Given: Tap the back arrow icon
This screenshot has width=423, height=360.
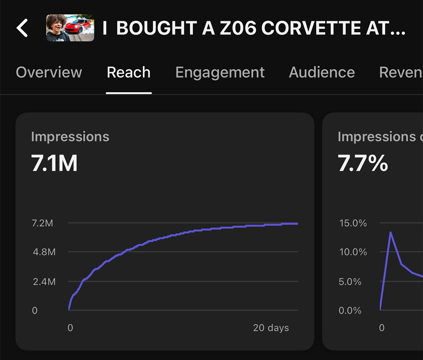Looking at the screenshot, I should [x=22, y=28].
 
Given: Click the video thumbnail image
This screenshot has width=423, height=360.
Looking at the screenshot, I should [x=70, y=28].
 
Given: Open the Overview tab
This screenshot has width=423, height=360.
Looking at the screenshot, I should [x=49, y=72].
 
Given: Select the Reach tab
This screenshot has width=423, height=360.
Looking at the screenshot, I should [x=128, y=72].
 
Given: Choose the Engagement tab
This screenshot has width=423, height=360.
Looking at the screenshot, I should [x=220, y=72].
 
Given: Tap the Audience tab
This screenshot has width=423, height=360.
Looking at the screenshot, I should [x=322, y=72].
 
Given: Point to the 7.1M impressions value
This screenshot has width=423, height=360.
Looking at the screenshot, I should [x=54, y=164].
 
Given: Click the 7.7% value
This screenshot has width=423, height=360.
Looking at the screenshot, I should [x=363, y=164].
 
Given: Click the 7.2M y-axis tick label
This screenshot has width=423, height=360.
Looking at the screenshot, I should [x=43, y=223].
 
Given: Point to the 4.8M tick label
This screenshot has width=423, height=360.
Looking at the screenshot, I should [x=44, y=252].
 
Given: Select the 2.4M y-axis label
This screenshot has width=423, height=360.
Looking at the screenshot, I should [x=44, y=281].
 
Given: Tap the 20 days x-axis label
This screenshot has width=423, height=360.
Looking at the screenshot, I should [x=271, y=328].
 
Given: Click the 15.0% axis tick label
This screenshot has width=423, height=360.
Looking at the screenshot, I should [x=353, y=223].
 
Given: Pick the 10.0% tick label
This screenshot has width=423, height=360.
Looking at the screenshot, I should [x=353, y=252].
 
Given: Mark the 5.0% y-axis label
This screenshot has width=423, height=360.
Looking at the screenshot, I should [x=350, y=281].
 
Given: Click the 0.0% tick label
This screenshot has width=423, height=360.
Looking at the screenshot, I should [x=350, y=310].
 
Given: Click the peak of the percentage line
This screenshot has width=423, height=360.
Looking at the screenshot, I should [x=390, y=233].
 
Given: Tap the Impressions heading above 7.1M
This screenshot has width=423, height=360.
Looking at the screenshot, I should [x=70, y=137].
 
